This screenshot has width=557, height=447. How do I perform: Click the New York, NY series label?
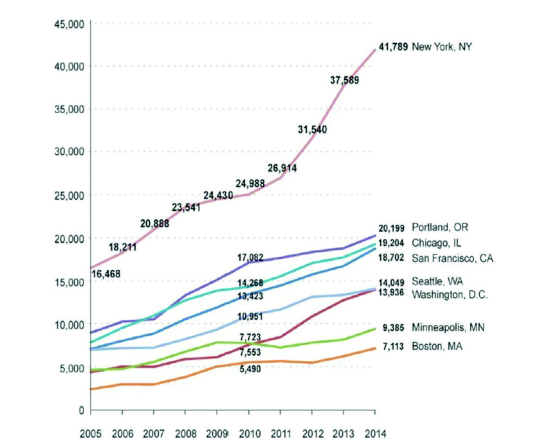[x=442, y=47]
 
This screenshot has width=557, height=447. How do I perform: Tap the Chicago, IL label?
[x=437, y=243]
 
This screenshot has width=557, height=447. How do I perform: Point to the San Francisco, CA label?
[x=453, y=258]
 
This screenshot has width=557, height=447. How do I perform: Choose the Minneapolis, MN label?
[x=448, y=328]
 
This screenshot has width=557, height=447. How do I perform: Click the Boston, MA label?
[x=436, y=346]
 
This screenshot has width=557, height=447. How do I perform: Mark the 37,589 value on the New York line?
[x=344, y=80]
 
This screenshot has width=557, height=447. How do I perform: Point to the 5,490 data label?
[x=251, y=369]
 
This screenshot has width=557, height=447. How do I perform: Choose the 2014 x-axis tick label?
[x=375, y=434]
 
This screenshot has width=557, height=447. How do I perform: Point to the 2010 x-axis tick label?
[x=249, y=434]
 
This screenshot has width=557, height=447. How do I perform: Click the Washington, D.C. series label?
[x=450, y=294]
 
